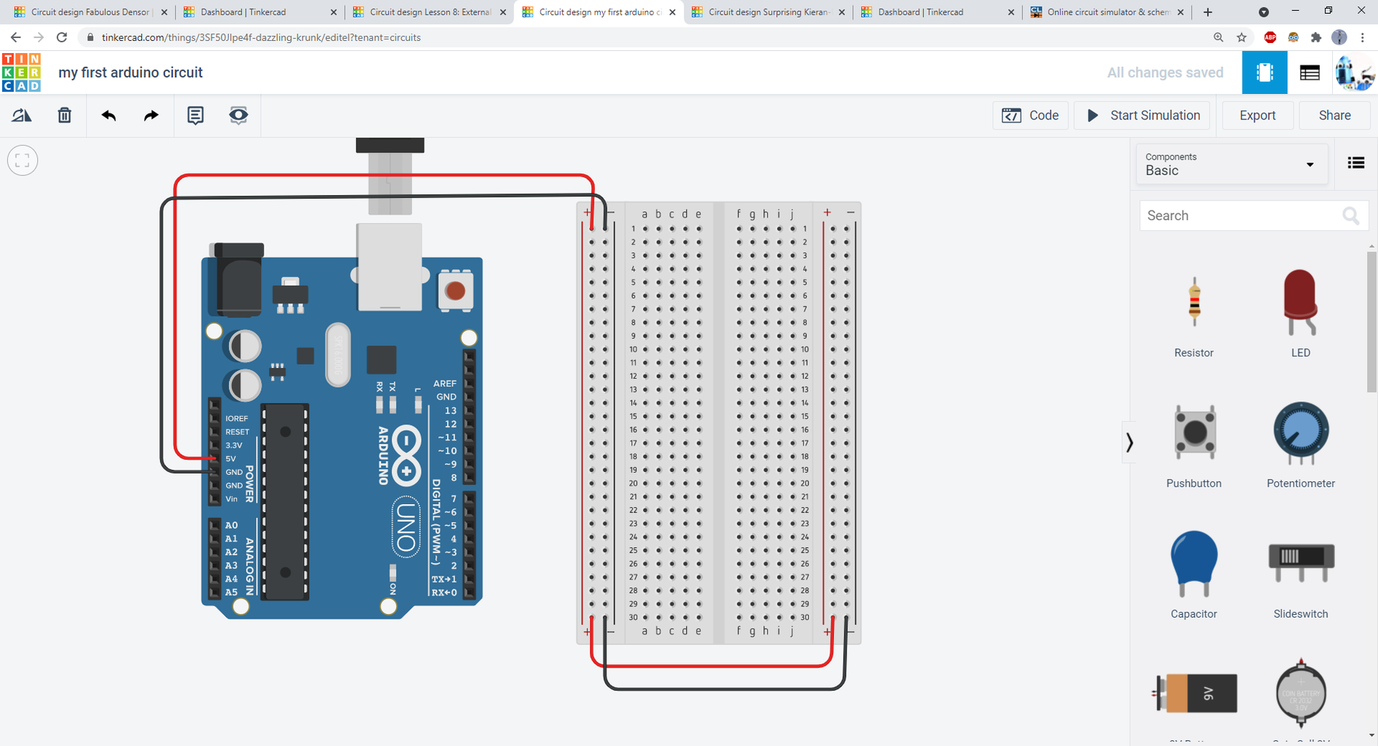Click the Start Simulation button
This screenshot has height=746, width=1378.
pos(1143,115)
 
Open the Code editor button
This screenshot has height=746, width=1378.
pos(1030,115)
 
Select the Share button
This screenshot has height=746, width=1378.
pos(1334,115)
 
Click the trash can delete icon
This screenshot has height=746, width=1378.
pos(65,115)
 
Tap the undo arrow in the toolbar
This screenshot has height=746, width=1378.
pos(109,115)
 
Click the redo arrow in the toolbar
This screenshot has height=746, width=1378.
pos(151,115)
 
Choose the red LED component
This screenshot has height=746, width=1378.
pos(1300,302)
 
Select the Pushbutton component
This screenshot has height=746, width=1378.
pos(1194,433)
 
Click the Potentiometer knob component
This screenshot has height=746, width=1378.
pos(1300,433)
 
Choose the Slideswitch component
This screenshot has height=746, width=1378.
pos(1300,561)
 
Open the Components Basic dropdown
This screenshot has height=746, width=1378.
pos(1231,164)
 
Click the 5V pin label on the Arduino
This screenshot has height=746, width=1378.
pos(230,459)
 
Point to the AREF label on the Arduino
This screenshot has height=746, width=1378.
pos(445,383)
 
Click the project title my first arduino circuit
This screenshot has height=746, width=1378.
pos(131,73)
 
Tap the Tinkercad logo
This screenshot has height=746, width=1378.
pos(21,73)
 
